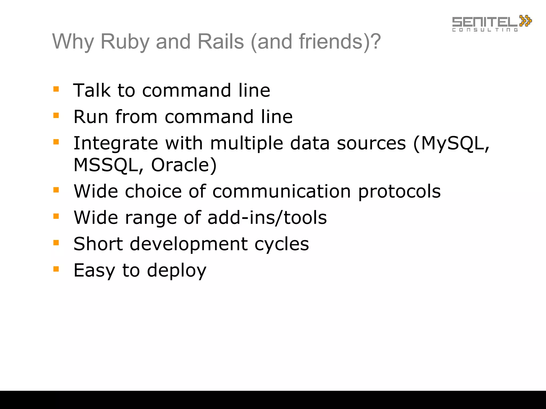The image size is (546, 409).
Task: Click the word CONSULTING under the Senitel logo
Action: coord(485,30)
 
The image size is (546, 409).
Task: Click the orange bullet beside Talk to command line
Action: coord(56,89)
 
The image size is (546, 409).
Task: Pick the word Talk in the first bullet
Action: coord(92,90)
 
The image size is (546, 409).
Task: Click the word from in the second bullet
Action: coord(136,117)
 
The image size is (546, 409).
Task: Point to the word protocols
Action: coord(399,192)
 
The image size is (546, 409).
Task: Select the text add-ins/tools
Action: coord(267,218)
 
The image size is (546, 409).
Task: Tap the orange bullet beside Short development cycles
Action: coord(56,243)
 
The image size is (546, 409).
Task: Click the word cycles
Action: coord(282,244)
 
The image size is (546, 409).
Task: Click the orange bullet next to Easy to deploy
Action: coord(56,269)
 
